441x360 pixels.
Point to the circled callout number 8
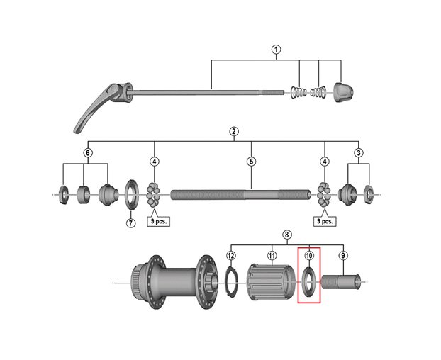(287, 235)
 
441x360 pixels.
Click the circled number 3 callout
(359, 153)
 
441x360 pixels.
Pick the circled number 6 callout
(87, 153)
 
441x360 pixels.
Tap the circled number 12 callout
(230, 255)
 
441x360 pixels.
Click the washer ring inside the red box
(309, 281)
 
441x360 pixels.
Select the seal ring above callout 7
(131, 193)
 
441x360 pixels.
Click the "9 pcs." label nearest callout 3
(325, 220)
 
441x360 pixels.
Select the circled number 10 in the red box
(309, 255)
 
